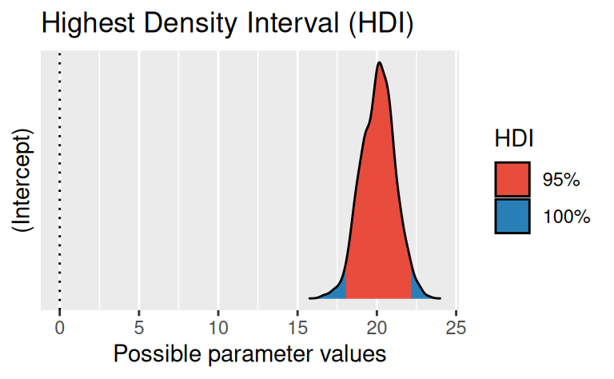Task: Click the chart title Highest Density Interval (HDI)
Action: point(227,24)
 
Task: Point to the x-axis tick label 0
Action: point(59,328)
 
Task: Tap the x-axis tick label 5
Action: point(138,328)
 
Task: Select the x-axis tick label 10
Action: point(217,328)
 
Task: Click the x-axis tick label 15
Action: point(297,328)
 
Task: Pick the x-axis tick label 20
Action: point(377,328)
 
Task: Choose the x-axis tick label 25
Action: point(456,328)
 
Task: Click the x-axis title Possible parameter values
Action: point(250,354)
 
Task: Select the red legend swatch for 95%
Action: point(512,180)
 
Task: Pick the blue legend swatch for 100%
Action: point(512,216)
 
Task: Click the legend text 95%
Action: point(560,180)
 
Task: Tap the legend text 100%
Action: point(566,216)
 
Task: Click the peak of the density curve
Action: point(380,63)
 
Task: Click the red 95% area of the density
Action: point(378,208)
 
